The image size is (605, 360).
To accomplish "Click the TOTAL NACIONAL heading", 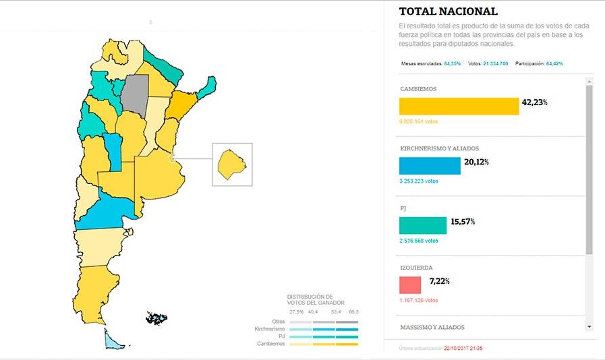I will tap(448, 11).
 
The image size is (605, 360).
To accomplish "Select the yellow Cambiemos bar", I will tap(459, 107).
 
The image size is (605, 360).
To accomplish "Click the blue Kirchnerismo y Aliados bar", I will tap(430, 166).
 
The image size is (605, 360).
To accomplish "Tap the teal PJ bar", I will tap(423, 225).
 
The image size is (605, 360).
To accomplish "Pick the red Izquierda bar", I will tap(410, 284).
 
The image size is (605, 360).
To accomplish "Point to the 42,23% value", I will tap(534, 102).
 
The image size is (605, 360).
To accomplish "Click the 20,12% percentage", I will tap(476, 162).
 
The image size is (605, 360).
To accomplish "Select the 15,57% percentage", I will tap(462, 221).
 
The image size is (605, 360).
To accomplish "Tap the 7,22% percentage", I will tap(439, 280).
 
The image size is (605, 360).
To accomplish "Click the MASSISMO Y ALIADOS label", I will tap(432, 328).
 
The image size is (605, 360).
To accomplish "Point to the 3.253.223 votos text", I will tap(419, 181).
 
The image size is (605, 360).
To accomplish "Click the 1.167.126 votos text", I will tap(419, 300).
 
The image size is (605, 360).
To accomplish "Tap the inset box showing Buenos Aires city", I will tap(232, 164).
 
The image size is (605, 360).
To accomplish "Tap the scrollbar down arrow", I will tap(589, 327).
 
